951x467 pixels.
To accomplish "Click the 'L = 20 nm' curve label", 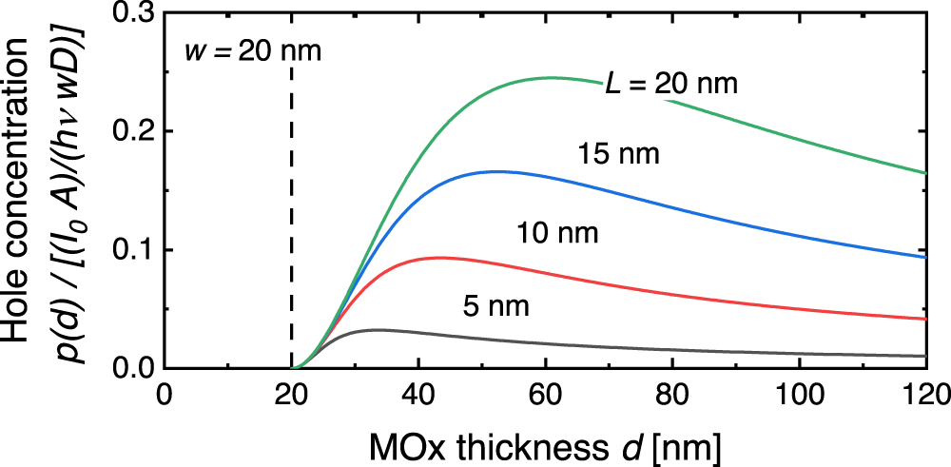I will click(671, 84).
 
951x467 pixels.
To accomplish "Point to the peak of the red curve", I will click(437, 257).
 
